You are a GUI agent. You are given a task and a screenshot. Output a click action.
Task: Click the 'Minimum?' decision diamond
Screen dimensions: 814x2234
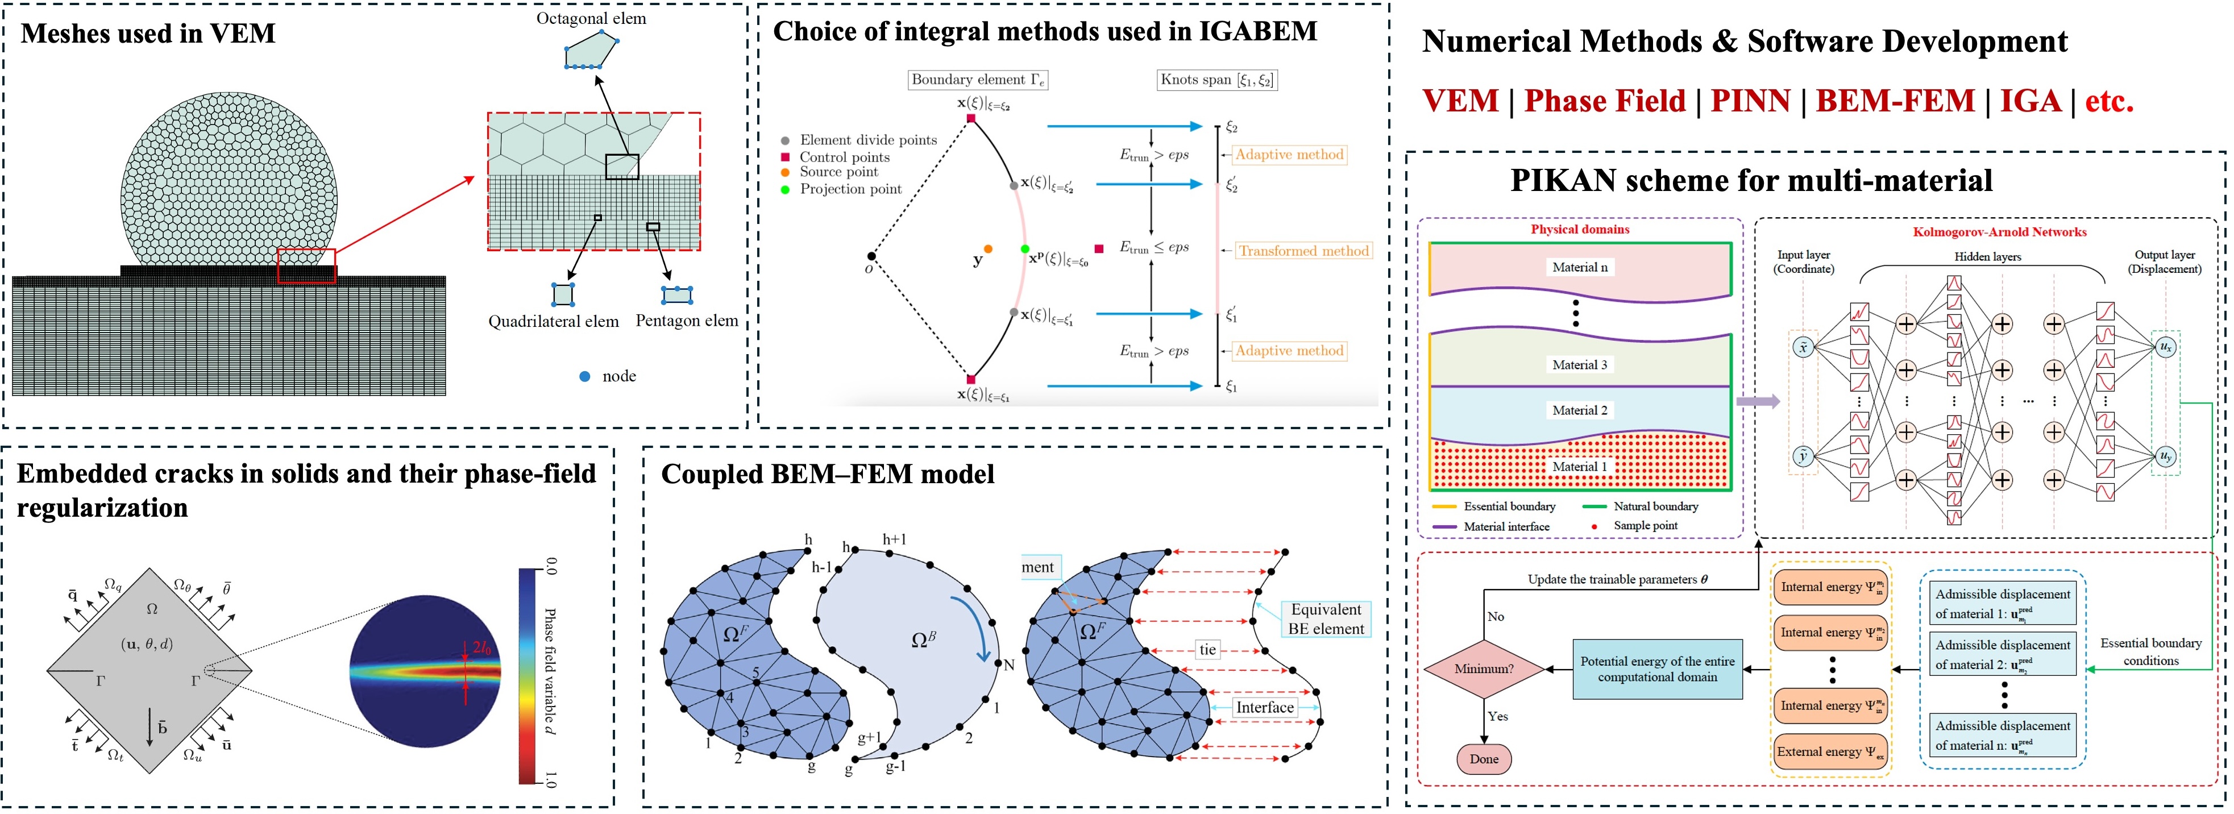[x=1484, y=668]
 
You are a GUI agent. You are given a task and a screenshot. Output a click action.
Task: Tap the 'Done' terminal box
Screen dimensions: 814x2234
[x=1484, y=758]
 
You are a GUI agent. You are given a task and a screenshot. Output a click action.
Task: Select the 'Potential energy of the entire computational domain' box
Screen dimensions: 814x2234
[x=1657, y=668]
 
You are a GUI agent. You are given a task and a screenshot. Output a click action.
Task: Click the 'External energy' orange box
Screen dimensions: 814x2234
[x=1830, y=751]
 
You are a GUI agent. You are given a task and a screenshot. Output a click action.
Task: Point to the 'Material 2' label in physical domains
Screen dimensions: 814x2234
[x=1579, y=410]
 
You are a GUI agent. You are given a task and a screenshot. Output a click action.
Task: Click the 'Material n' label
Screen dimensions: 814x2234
[x=1579, y=267]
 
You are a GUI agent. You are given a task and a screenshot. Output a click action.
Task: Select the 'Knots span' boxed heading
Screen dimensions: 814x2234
[x=1216, y=80]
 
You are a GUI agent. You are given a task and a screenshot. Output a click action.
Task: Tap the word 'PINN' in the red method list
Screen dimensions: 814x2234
[x=1750, y=101]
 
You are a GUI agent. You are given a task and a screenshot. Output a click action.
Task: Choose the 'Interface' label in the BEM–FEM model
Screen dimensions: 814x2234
[x=1264, y=707]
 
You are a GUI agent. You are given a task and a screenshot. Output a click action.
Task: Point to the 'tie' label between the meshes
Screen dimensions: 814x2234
[x=1207, y=649]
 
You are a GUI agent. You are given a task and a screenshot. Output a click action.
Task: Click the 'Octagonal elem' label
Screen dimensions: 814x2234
[x=591, y=18]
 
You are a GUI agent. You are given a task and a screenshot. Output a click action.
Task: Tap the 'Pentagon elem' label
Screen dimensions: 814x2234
[x=687, y=321]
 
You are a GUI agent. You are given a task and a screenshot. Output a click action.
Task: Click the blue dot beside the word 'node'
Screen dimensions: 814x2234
[x=584, y=376]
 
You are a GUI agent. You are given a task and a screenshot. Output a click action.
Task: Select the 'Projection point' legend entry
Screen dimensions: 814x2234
[x=850, y=189]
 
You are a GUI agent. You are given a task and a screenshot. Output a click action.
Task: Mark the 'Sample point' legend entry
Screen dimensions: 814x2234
[x=1645, y=525]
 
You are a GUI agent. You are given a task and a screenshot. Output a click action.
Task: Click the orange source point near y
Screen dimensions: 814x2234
[x=988, y=249]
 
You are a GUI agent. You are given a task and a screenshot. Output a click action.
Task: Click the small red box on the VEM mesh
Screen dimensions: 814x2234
[x=306, y=266]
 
